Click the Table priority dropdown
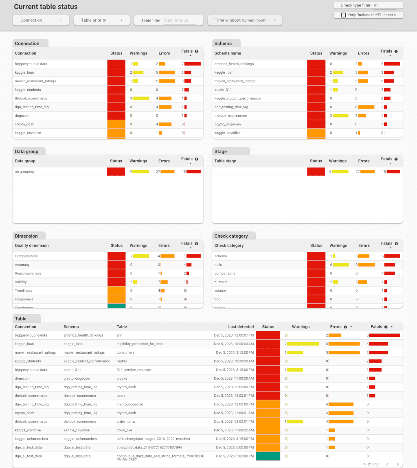click(x=101, y=20)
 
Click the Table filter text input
click(x=180, y=20)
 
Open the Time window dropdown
click(x=245, y=20)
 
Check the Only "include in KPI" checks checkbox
click(x=343, y=15)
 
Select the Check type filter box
click(x=368, y=5)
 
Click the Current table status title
click(x=46, y=7)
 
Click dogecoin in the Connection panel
click(x=24, y=116)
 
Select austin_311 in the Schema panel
click(x=223, y=90)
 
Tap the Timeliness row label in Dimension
click(x=23, y=291)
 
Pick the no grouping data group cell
click(x=24, y=172)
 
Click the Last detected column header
click(x=241, y=327)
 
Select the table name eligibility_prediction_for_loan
click(x=139, y=344)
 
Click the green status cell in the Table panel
click(x=268, y=456)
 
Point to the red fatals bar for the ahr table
click(x=384, y=335)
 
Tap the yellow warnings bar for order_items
click(x=295, y=422)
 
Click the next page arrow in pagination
click(x=397, y=464)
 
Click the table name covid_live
click(x=125, y=430)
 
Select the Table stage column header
click(x=225, y=161)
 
